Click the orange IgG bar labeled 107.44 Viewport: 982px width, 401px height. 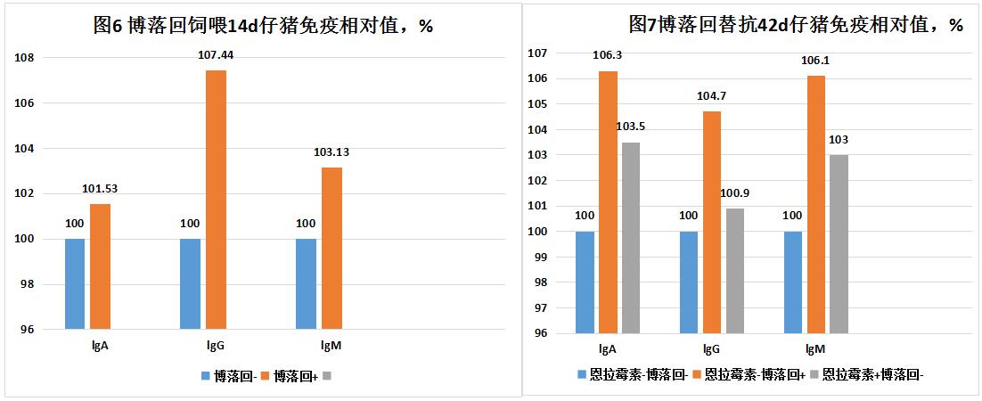pos(216,200)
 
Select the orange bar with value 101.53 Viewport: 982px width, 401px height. pos(100,266)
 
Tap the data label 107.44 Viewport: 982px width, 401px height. pos(216,55)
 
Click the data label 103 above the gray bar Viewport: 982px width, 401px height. pos(839,140)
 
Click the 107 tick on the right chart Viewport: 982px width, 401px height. pos(540,53)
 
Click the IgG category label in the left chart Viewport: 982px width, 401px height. pos(215,345)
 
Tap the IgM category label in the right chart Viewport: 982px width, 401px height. pos(814,349)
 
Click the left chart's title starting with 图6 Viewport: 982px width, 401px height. pos(263,25)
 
